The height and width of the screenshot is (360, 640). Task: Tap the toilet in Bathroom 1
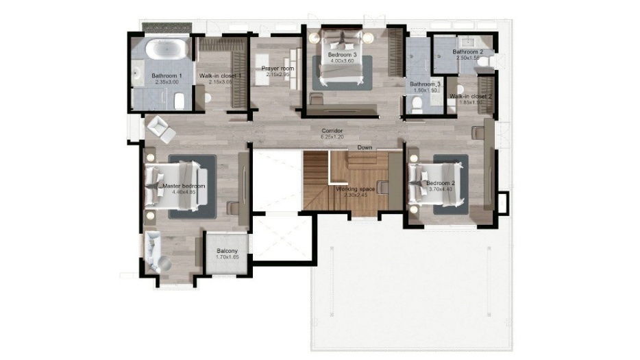tap(178, 102)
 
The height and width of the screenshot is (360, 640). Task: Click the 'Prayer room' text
tap(278, 69)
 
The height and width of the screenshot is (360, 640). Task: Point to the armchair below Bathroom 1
tap(159, 127)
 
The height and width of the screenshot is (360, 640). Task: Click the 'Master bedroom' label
tap(184, 186)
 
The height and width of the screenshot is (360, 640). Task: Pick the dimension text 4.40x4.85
tap(184, 193)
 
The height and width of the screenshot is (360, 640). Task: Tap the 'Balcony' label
tap(227, 251)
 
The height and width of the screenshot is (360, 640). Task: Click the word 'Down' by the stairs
tap(365, 147)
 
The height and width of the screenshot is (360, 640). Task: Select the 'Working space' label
tap(355, 189)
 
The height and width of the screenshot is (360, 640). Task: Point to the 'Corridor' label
tap(332, 130)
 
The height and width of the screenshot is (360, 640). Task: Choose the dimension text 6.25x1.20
tap(332, 136)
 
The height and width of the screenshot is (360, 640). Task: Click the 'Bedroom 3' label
tap(342, 54)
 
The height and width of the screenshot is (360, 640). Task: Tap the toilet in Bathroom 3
tap(417, 104)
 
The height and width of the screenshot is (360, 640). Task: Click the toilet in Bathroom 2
tap(484, 62)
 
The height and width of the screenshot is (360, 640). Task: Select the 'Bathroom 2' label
tap(467, 52)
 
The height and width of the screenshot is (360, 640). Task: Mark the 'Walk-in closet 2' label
tap(471, 97)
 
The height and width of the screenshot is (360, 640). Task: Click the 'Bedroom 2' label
tap(441, 184)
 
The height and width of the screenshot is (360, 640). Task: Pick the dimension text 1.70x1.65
tap(227, 257)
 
